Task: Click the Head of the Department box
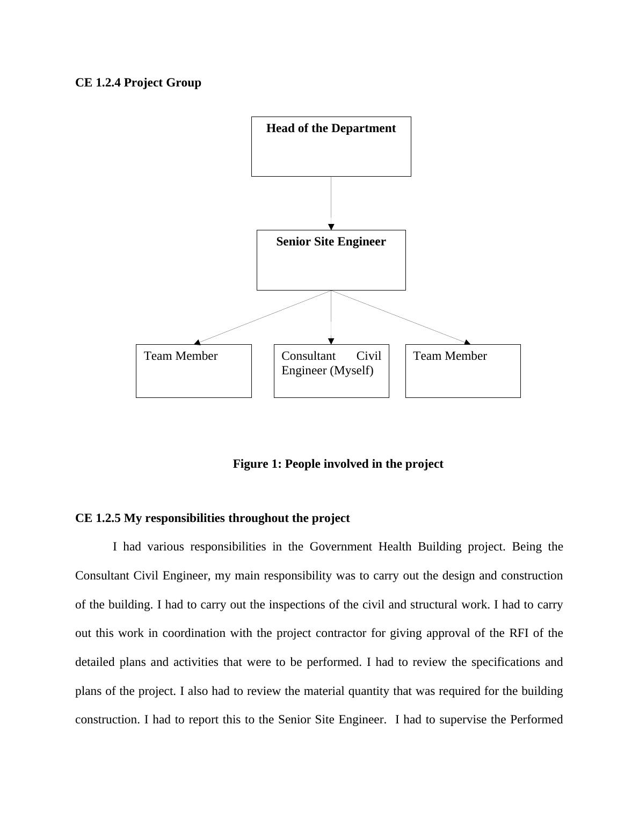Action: click(331, 147)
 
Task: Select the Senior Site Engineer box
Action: click(331, 260)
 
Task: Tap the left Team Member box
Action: click(193, 371)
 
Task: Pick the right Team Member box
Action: click(463, 371)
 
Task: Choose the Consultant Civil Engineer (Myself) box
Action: click(331, 371)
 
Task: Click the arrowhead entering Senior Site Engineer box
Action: click(331, 227)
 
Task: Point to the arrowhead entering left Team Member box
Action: click(197, 342)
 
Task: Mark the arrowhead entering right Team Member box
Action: click(467, 342)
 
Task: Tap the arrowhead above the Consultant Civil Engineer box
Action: click(331, 341)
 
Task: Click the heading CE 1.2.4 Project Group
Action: click(138, 83)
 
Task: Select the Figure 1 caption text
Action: click(338, 464)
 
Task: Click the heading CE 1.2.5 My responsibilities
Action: click(212, 518)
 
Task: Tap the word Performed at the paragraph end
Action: click(536, 720)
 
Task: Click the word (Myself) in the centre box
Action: click(353, 371)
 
